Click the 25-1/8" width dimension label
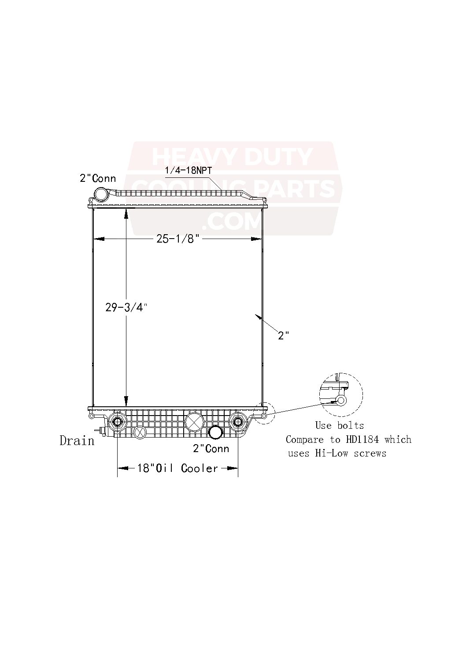pos(178,239)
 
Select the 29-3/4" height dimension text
pos(126,308)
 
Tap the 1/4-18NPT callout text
pos(189,171)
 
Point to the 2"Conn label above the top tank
pos(98,178)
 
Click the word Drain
pos(77,441)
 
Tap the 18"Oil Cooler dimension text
pos(178,468)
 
